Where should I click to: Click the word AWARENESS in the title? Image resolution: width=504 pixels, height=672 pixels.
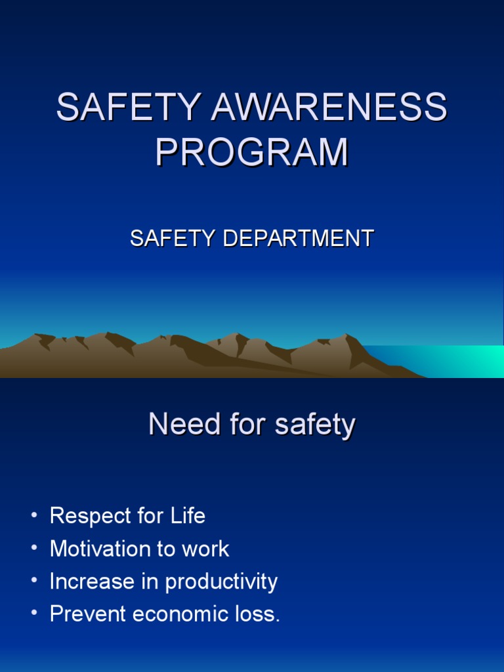(329, 107)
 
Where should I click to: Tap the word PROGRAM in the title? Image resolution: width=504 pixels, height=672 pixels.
(252, 152)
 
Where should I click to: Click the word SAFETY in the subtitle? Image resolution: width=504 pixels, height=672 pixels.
(173, 238)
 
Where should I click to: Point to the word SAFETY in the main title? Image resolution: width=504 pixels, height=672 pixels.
(129, 107)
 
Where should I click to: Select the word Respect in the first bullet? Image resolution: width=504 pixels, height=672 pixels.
(89, 516)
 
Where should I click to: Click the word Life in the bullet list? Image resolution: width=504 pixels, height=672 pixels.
(188, 516)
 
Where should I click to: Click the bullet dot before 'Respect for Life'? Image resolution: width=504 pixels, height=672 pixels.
(34, 516)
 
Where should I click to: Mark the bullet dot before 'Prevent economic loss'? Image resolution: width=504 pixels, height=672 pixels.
(34, 615)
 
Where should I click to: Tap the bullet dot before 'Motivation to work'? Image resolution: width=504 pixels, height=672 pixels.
(34, 549)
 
